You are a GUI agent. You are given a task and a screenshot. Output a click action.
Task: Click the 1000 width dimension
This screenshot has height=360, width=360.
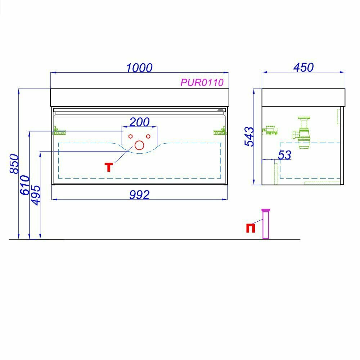pyautogui.click(x=139, y=67)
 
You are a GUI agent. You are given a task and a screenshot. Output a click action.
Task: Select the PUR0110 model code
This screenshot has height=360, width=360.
pyautogui.click(x=202, y=82)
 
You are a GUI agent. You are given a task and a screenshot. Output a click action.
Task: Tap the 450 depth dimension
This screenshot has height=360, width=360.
pyautogui.click(x=303, y=67)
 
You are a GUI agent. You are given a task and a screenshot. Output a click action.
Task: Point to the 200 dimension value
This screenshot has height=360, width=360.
pyautogui.click(x=140, y=122)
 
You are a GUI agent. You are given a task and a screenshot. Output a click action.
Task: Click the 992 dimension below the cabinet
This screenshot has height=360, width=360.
pyautogui.click(x=139, y=195)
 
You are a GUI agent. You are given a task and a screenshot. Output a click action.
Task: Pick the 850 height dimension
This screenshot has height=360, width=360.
pyautogui.click(x=14, y=164)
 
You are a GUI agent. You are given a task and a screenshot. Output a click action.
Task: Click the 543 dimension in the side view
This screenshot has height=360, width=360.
pyautogui.click(x=249, y=136)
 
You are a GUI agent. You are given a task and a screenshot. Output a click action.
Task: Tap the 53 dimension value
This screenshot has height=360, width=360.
pyautogui.click(x=284, y=155)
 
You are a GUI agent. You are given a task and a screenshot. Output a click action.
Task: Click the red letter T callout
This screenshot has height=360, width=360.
pyautogui.click(x=108, y=167)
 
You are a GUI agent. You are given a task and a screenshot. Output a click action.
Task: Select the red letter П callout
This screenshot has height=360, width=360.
pyautogui.click(x=251, y=228)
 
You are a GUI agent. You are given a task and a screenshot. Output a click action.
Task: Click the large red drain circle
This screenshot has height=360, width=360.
pyautogui.click(x=139, y=145)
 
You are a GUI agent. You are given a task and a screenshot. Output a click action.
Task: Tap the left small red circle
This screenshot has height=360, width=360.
pyautogui.click(x=131, y=136)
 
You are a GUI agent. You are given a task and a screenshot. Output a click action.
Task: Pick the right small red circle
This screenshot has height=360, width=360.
pyautogui.click(x=148, y=136)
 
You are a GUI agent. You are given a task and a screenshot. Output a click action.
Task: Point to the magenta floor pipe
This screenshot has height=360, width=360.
pyautogui.click(x=266, y=224)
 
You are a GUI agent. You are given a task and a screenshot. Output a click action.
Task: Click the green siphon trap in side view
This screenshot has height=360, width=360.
pyautogui.click(x=303, y=131)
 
